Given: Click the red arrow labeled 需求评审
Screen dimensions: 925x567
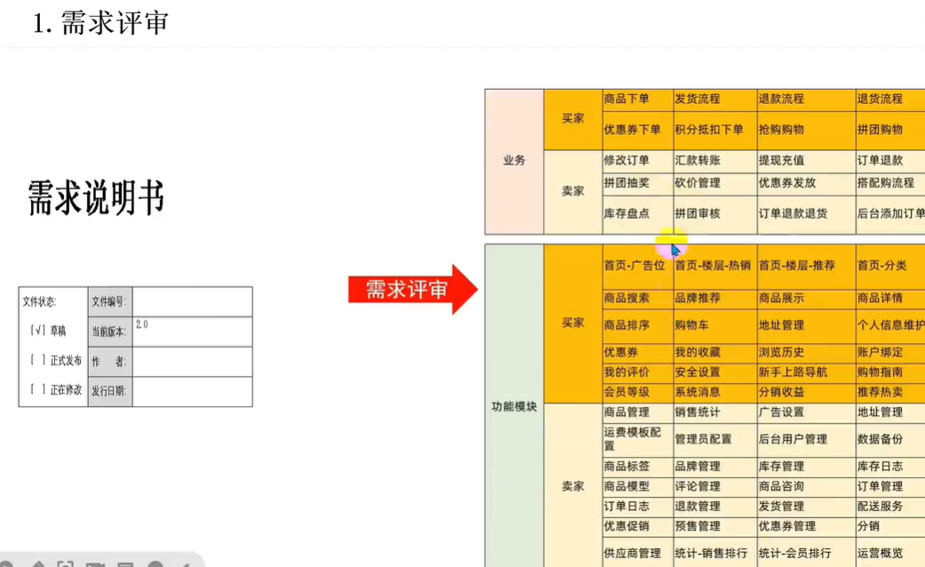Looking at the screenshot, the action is click(x=411, y=289).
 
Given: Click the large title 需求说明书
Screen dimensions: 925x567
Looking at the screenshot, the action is click(x=96, y=197).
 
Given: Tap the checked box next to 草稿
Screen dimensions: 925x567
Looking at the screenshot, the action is click(x=38, y=331).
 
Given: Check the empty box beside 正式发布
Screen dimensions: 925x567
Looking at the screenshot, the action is click(x=38, y=360).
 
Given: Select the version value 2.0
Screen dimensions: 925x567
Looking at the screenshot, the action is click(x=142, y=325).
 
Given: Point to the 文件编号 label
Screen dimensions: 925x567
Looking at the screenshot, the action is click(x=109, y=302).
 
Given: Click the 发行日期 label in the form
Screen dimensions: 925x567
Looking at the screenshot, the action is click(x=109, y=391).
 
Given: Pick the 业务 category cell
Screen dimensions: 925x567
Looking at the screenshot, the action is click(x=514, y=161).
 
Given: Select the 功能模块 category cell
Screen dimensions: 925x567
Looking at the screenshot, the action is click(x=514, y=406).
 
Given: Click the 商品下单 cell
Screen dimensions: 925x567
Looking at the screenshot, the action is click(x=626, y=99).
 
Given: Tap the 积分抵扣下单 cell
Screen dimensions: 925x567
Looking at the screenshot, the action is click(x=709, y=130).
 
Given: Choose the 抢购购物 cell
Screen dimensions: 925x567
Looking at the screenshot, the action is click(x=781, y=130).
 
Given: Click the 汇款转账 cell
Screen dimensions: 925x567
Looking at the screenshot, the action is click(x=698, y=161).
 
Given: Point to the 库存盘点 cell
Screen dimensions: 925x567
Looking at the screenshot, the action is click(x=626, y=213).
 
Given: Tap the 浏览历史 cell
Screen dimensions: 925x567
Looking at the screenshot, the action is click(x=781, y=353).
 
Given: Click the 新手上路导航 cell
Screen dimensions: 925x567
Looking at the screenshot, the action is click(x=793, y=372).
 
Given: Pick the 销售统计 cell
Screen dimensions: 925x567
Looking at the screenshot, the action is click(x=698, y=412).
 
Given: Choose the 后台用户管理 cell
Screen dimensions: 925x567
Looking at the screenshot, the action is click(x=793, y=439).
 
